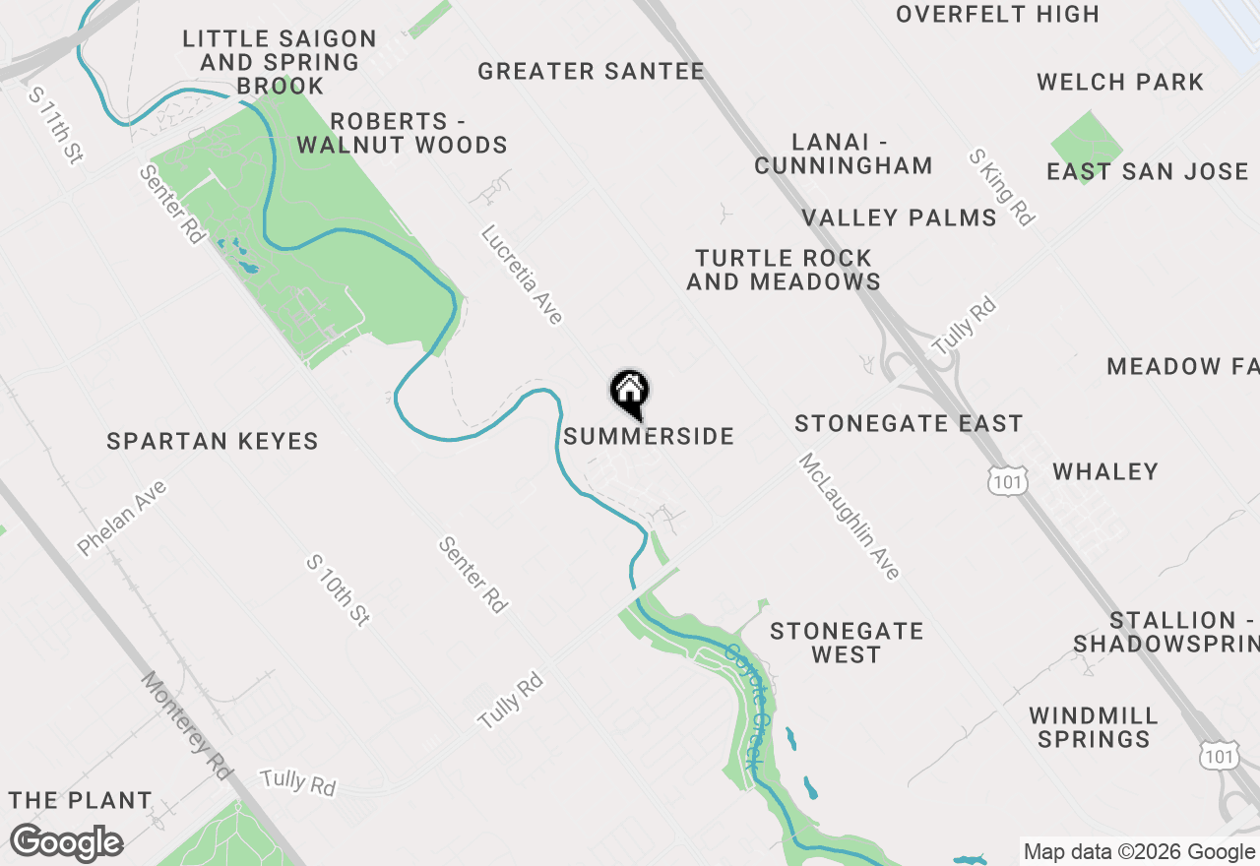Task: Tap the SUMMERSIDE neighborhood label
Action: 649,436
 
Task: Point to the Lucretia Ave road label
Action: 522,275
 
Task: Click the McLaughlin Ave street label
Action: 849,516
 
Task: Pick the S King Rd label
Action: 1002,187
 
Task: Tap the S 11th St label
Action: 55,125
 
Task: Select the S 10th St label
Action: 338,589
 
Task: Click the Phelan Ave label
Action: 122,518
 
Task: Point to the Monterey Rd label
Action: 186,725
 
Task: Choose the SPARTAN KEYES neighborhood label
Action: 213,441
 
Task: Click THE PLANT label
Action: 81,800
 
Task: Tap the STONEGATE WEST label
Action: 847,643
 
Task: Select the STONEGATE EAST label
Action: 909,423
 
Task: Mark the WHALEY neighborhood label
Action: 1105,471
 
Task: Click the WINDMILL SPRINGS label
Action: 1094,727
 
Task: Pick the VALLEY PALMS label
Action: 899,217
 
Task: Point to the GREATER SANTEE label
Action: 591,71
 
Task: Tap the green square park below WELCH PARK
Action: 1087,144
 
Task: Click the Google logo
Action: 66,843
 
